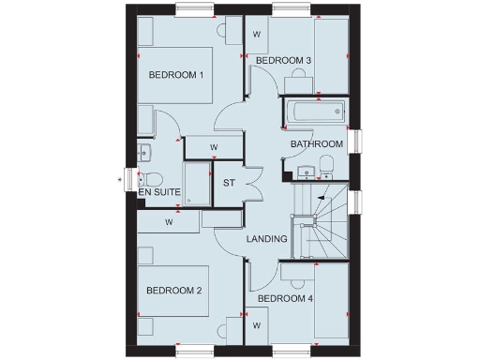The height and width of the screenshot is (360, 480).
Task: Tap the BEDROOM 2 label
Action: coord(174,290)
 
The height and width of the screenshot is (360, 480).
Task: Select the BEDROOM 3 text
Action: coord(283,61)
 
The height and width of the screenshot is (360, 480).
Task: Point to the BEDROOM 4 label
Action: coord(284,298)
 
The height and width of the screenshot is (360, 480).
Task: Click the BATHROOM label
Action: coord(316,143)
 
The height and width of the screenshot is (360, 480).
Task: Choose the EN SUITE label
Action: coord(158,192)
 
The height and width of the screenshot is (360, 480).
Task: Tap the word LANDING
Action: coord(266,239)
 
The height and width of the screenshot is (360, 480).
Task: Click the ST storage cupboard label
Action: coord(229,182)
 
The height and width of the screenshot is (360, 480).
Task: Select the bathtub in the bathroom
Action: coord(315,112)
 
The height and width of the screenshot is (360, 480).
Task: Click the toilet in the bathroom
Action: coord(325,168)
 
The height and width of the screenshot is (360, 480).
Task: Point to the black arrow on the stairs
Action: coord(322,197)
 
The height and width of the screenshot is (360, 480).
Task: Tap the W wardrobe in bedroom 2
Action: coord(170,222)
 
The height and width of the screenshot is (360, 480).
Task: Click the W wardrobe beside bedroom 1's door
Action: coord(214,147)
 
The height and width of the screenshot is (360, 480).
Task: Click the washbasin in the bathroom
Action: coord(304,169)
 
